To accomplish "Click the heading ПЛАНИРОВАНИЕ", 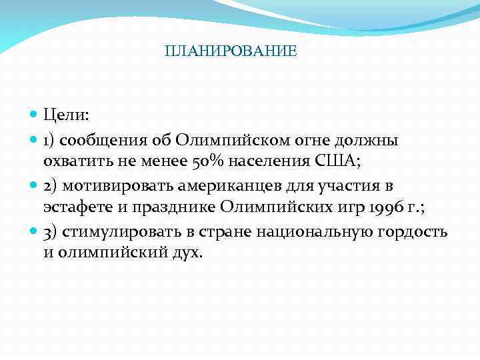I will [231, 51].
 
